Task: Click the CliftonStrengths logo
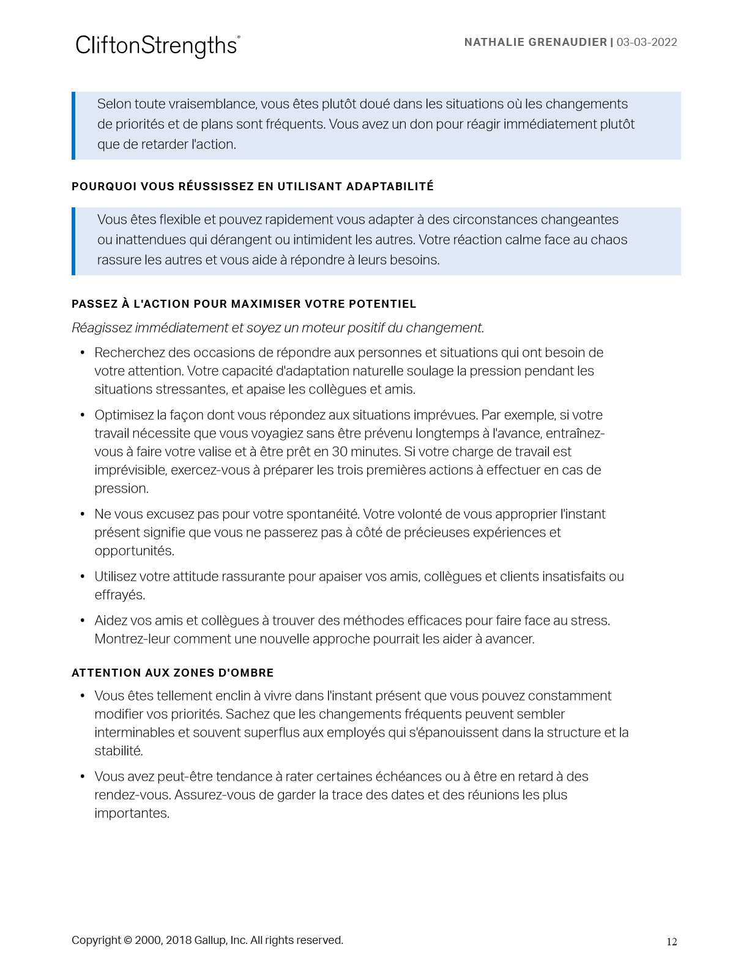(x=157, y=46)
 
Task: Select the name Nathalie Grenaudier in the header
(x=535, y=42)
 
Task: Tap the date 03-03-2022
(x=647, y=42)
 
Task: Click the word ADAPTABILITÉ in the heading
(x=390, y=187)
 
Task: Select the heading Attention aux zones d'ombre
(x=173, y=673)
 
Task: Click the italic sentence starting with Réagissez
(x=278, y=328)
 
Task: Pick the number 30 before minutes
(x=339, y=452)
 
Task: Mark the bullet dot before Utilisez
(x=83, y=577)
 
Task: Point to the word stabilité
(x=118, y=751)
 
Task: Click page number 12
(x=671, y=942)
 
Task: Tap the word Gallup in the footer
(x=210, y=940)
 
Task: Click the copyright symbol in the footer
(x=127, y=940)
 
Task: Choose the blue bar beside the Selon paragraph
(x=73, y=125)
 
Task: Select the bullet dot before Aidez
(x=83, y=621)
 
